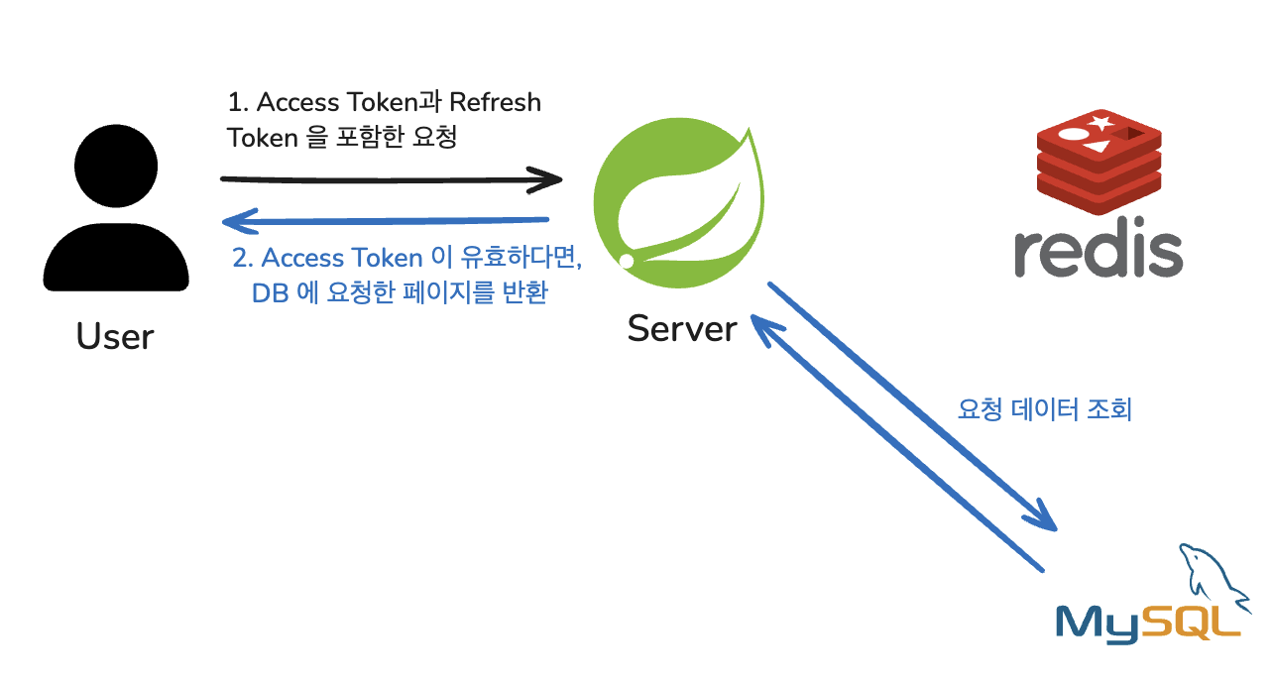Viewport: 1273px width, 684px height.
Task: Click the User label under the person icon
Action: (115, 337)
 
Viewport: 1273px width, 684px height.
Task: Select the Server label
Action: (682, 328)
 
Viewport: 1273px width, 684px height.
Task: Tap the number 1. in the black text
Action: (238, 102)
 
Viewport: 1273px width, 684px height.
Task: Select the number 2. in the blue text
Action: (244, 259)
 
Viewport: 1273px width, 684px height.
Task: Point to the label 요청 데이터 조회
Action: (1044, 409)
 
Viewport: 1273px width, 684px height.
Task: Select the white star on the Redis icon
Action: (1100, 124)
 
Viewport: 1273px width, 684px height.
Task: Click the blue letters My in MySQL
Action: (1099, 623)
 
